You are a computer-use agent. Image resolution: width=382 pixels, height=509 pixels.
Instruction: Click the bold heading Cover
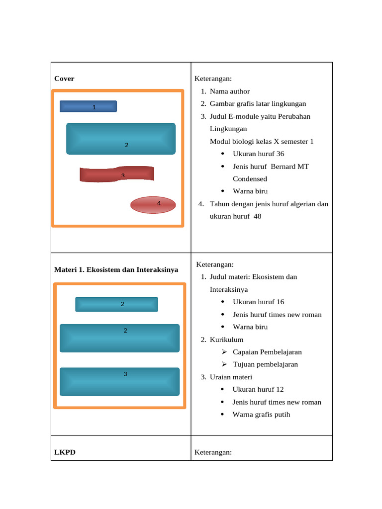pos(64,79)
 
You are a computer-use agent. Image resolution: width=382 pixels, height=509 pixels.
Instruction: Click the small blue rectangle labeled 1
pos(89,106)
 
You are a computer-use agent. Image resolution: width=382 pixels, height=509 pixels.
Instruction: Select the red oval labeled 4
pos(153,205)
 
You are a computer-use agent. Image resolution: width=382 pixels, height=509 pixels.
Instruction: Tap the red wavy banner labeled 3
pos(117,174)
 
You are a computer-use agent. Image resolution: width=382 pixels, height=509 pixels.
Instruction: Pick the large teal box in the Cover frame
pos(121,139)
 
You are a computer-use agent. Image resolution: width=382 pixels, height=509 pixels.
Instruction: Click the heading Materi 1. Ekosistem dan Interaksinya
pos(116,270)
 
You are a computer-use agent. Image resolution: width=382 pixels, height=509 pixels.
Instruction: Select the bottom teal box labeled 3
pos(119,382)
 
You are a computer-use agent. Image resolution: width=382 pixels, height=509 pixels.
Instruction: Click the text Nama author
pos(230,91)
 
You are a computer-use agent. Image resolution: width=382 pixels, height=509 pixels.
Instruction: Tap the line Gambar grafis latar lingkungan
pos(258,104)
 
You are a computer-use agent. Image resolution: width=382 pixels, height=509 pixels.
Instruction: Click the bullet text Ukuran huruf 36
pos(258,154)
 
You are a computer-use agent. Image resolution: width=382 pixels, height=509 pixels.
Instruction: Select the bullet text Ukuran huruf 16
pos(258,302)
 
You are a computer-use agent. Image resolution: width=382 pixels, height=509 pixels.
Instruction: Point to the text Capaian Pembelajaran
pos(267,352)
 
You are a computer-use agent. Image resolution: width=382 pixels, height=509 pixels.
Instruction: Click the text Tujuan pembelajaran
pos(265,364)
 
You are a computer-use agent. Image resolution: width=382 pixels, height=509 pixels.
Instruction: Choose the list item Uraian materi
pos(231,377)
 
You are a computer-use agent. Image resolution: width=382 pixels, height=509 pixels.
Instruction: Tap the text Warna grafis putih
pos(261,415)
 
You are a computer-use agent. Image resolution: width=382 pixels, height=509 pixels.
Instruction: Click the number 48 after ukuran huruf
pos(257,216)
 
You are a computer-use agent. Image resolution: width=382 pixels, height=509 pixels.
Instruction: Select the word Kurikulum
pos(226,339)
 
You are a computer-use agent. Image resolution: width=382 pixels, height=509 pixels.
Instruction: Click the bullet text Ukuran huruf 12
pos(258,389)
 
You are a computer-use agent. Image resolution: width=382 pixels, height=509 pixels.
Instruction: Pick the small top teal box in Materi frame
pos(116,304)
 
